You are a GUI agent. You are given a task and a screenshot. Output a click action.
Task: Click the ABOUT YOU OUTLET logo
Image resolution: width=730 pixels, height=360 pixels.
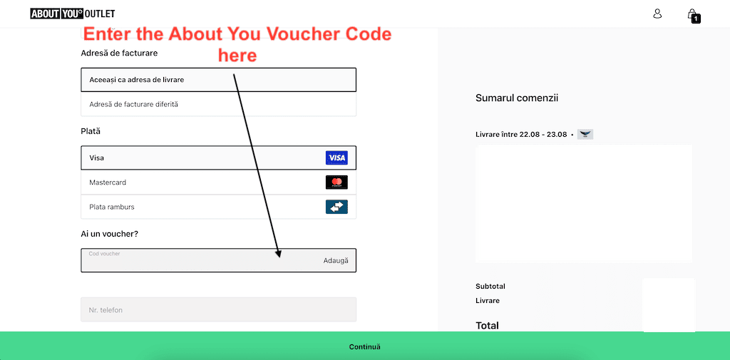click(x=73, y=14)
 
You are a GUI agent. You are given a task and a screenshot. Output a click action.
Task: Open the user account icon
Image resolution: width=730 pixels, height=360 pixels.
click(x=657, y=14)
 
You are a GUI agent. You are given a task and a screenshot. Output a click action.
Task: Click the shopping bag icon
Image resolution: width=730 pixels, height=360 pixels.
click(x=692, y=14)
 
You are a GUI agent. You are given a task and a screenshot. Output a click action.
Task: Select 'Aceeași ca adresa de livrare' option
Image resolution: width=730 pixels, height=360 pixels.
click(x=218, y=80)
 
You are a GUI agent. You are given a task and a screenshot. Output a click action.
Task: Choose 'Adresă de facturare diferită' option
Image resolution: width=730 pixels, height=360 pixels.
click(x=218, y=104)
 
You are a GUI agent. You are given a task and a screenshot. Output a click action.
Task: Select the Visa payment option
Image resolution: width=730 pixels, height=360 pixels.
click(x=200, y=158)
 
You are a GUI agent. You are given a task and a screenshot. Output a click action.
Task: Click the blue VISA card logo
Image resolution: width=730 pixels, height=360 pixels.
click(x=336, y=158)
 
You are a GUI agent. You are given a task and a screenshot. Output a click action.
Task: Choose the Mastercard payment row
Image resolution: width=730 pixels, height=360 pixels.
click(x=200, y=182)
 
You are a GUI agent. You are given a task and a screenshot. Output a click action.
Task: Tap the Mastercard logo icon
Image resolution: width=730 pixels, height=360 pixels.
click(x=336, y=182)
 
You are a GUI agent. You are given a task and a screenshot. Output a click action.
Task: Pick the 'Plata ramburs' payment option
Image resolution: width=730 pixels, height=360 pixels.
click(x=200, y=207)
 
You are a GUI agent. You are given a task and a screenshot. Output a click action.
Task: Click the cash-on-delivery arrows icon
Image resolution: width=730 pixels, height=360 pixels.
click(x=336, y=207)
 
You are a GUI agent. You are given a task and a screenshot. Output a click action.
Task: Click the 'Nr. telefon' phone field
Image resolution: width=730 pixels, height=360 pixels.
click(x=218, y=310)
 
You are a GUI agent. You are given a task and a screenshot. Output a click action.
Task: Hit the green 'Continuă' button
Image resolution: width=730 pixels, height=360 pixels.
click(x=365, y=346)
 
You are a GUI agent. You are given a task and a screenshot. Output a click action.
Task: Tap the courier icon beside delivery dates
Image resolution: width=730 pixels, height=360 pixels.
click(x=585, y=134)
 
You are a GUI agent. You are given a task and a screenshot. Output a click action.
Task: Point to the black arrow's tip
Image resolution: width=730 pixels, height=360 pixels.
click(x=279, y=256)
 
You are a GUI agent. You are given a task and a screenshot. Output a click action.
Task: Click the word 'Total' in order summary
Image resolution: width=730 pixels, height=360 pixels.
click(x=487, y=325)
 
